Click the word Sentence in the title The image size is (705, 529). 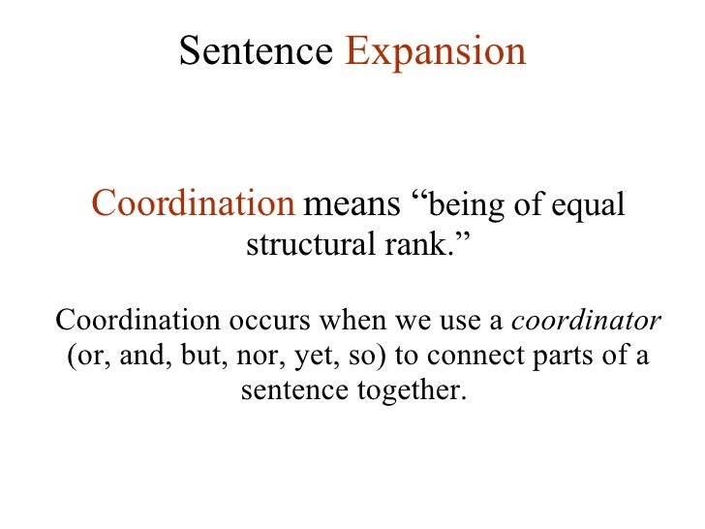256,51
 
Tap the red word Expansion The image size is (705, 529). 435,51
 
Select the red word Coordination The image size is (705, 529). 193,204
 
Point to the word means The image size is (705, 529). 352,204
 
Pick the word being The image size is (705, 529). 460,205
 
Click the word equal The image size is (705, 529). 585,205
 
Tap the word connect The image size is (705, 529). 472,357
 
